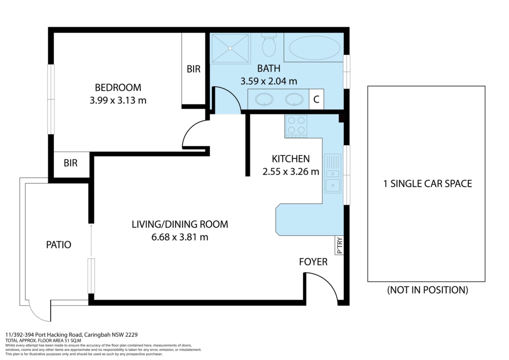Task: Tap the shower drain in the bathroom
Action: (x=230, y=48)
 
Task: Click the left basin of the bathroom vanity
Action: (x=264, y=99)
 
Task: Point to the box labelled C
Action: (x=316, y=99)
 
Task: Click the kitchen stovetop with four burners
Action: (x=296, y=126)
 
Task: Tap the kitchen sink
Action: (x=333, y=173)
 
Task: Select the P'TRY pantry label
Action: (x=340, y=245)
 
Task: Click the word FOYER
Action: (x=313, y=262)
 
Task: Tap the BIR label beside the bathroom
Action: (x=194, y=69)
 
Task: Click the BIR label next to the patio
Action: (x=71, y=163)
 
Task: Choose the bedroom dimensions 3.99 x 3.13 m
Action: (x=118, y=100)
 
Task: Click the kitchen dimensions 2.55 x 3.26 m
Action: (x=291, y=172)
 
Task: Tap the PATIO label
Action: (x=59, y=245)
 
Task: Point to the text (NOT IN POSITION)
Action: (x=428, y=290)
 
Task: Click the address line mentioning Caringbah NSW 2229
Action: (x=72, y=335)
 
